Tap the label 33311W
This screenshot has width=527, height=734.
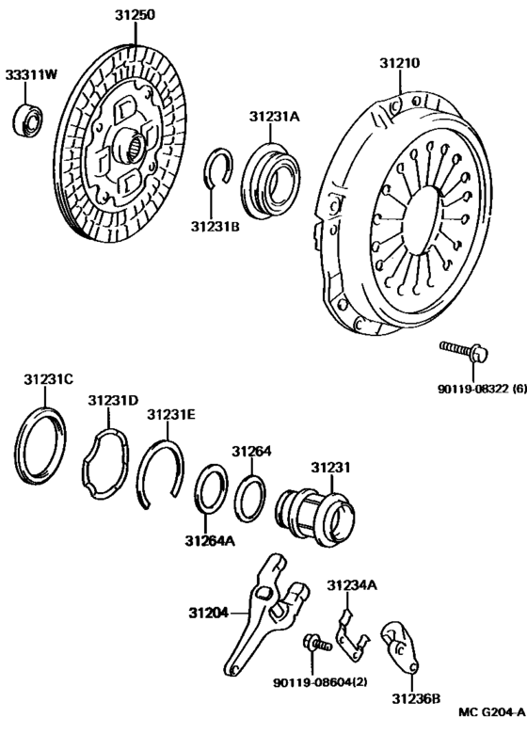click(30, 74)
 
